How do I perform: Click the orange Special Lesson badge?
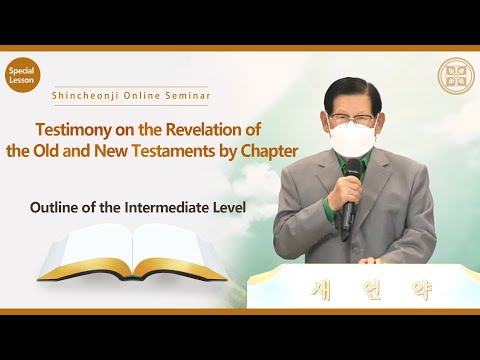[x=22, y=77]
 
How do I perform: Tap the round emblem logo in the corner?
[x=456, y=76]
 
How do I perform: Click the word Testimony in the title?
[x=76, y=130]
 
